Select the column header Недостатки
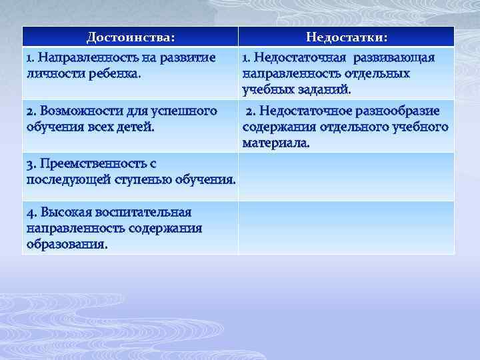(347, 37)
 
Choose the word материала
(276, 142)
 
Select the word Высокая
(66, 212)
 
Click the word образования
(67, 243)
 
